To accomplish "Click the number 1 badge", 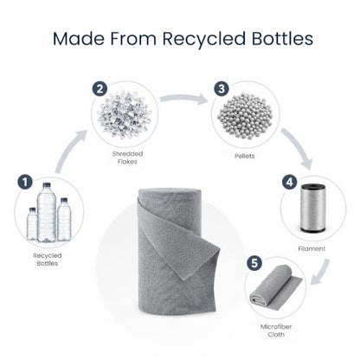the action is (x=25, y=182).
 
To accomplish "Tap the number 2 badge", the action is (x=100, y=89).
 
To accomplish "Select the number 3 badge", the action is (x=222, y=89).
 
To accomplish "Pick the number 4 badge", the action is (x=289, y=182).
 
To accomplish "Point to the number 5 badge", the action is (x=254, y=263).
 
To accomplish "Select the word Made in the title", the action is (x=79, y=38).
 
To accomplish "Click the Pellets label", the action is (x=245, y=156).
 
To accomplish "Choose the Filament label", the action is (x=312, y=248).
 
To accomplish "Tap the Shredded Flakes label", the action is (x=127, y=157).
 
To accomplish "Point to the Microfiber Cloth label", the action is (x=276, y=331).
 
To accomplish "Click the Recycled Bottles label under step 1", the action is (x=48, y=260).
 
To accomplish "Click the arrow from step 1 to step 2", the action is (x=68, y=151).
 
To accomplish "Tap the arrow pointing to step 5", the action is (x=322, y=272).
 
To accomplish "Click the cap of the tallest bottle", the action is (x=47, y=185).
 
